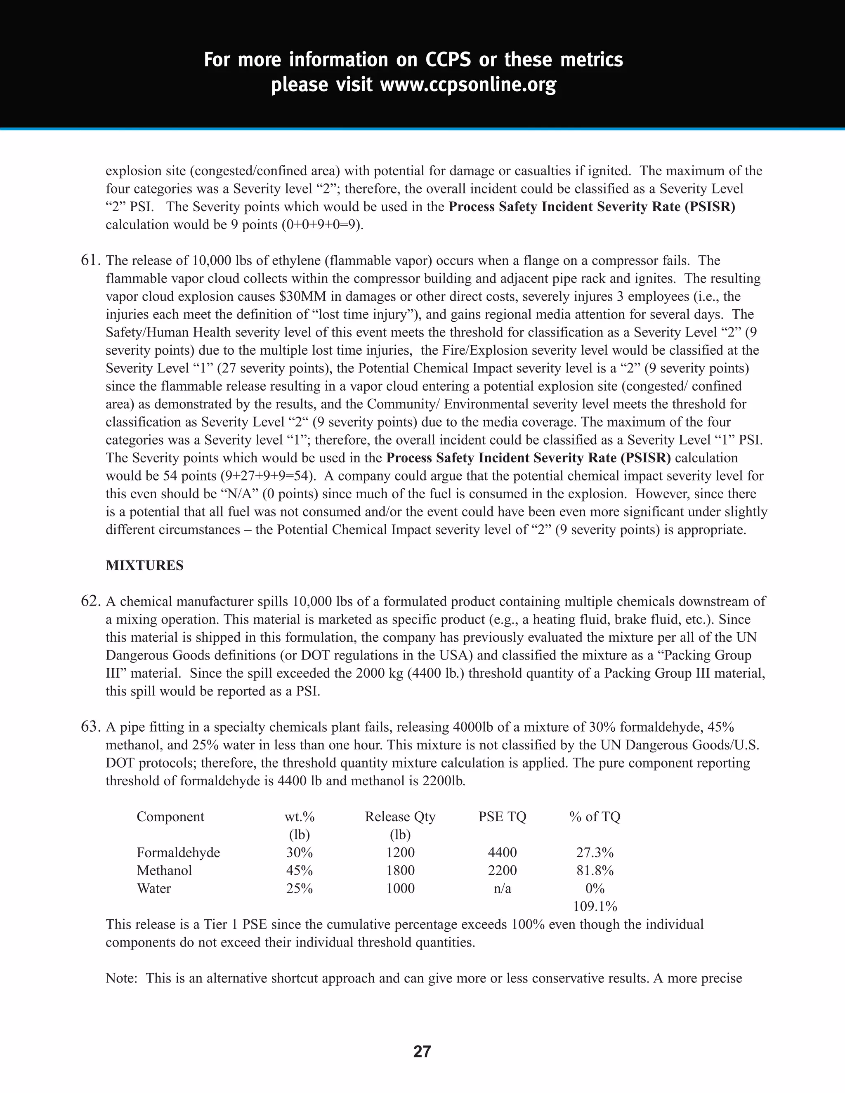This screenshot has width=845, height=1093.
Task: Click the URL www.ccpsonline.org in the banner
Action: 468,85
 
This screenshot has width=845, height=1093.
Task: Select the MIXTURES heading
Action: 145,565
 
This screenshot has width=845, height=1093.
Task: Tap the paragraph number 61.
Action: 91,261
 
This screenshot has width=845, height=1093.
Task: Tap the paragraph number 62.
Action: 91,601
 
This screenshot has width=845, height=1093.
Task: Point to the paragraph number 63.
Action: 91,727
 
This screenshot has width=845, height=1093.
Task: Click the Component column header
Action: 170,817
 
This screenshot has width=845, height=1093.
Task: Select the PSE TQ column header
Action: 502,817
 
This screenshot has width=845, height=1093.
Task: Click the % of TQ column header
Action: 595,817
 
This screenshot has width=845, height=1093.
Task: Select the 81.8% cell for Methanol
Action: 595,871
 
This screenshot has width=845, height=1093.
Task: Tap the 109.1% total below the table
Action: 595,906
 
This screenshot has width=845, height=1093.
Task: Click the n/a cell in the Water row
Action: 502,888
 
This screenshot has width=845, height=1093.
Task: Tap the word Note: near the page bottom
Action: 122,978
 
